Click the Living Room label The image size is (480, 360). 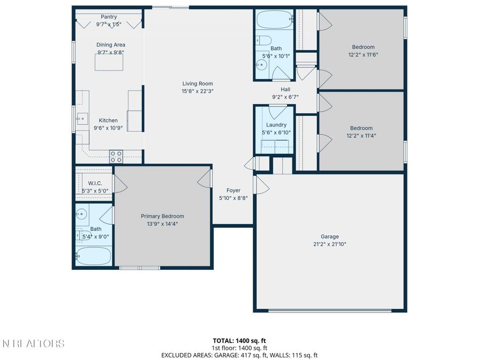click(197, 84)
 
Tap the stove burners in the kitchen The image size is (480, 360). click(116, 156)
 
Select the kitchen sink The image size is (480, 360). click(82, 119)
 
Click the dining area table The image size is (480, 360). click(109, 62)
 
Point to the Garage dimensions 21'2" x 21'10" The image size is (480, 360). click(330, 244)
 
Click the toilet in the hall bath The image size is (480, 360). click(263, 40)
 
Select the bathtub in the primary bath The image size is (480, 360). click(93, 256)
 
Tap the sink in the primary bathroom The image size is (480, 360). click(82, 214)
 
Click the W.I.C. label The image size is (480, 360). click(95, 183)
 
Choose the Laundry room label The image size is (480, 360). click(276, 125)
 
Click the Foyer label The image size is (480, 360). click(233, 190)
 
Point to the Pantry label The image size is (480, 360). click(109, 17)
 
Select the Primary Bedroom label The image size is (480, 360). click(163, 216)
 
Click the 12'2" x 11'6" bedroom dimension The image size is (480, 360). click(363, 55)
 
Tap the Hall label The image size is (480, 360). click(286, 90)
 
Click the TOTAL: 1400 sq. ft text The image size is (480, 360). click(239, 340)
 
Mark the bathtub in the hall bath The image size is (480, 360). click(274, 20)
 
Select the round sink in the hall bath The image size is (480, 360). click(261, 65)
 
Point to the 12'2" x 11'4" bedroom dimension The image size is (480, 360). click(362, 136)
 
